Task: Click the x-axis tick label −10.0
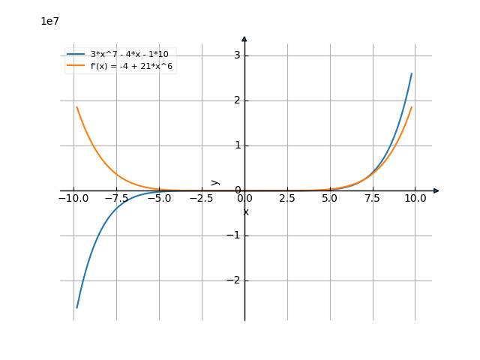tap(73, 199)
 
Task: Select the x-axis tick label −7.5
tap(116, 199)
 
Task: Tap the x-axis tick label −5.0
tap(159, 199)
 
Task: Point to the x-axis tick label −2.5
tap(201, 199)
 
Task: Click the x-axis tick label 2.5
tap(287, 199)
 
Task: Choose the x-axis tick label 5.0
tap(330, 199)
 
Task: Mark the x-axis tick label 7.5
tap(373, 199)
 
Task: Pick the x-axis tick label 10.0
tap(415, 199)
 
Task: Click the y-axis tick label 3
tap(236, 55)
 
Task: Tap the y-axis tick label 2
tap(236, 100)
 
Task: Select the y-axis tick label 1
tap(236, 145)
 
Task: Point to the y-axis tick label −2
tap(233, 280)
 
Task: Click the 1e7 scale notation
tap(49, 21)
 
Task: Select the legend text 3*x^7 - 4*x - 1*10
tap(129, 54)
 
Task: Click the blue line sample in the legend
tap(76, 54)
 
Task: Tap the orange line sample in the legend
tap(76, 66)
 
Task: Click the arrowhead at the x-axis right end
tap(436, 190)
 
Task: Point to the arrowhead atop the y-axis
tap(244, 38)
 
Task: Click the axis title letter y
tap(215, 181)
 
